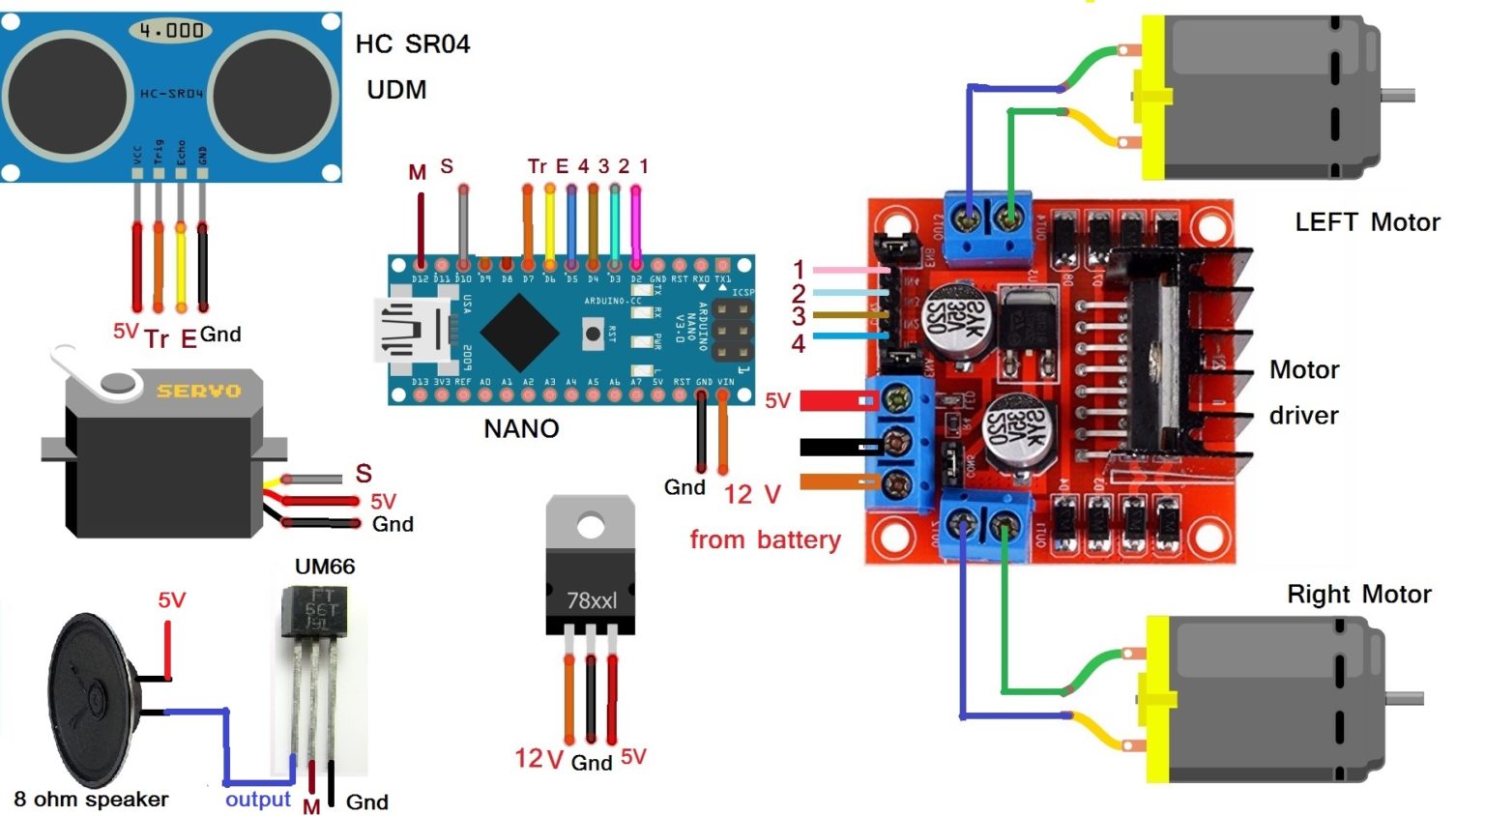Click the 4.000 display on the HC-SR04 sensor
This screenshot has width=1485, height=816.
click(170, 31)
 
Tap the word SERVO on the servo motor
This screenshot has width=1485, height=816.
click(198, 391)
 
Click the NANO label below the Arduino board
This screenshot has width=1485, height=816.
click(521, 428)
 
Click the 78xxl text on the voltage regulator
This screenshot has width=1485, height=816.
click(591, 600)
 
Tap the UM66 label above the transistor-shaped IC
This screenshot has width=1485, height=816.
click(324, 567)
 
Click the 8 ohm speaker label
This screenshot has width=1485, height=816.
click(91, 800)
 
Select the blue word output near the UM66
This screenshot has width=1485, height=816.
click(257, 800)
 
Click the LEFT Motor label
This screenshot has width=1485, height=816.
click(1366, 222)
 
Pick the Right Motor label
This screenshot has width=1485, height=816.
click(1358, 594)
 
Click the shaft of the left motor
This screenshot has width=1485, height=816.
click(1398, 95)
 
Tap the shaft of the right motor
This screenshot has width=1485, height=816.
click(1405, 698)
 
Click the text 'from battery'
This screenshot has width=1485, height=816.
click(765, 539)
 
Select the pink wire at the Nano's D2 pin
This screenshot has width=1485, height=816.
click(635, 222)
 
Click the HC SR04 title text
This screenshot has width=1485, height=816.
click(413, 44)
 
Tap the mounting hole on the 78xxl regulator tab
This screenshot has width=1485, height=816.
click(590, 527)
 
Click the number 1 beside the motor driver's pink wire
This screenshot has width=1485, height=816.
click(799, 269)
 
